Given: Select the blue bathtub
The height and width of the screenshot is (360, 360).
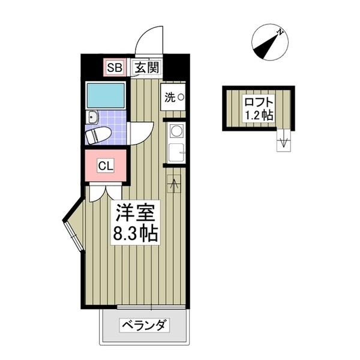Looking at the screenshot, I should pos(106,95).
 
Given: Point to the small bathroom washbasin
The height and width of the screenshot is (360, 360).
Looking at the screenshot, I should pos(92,117).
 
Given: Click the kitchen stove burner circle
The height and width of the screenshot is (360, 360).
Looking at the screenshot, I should pos(176,130).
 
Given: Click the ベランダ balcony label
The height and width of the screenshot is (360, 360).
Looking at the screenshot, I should pos(145,326).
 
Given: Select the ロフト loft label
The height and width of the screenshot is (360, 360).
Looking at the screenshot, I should pos(259,101).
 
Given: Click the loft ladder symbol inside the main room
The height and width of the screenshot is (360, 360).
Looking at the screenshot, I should pos(175,184).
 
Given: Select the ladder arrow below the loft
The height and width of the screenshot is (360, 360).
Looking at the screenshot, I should pos(284,143).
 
